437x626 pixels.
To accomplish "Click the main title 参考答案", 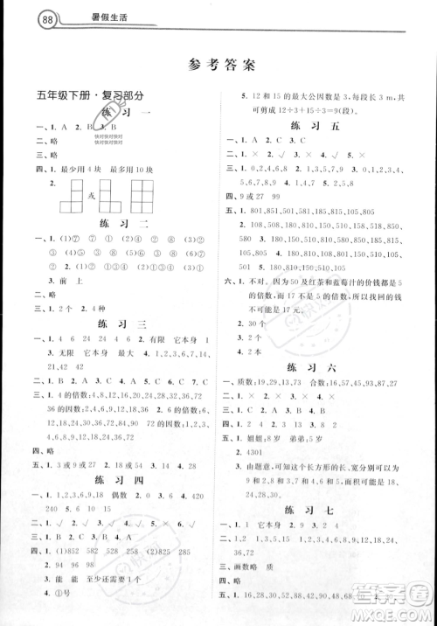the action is (x=219, y=64).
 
